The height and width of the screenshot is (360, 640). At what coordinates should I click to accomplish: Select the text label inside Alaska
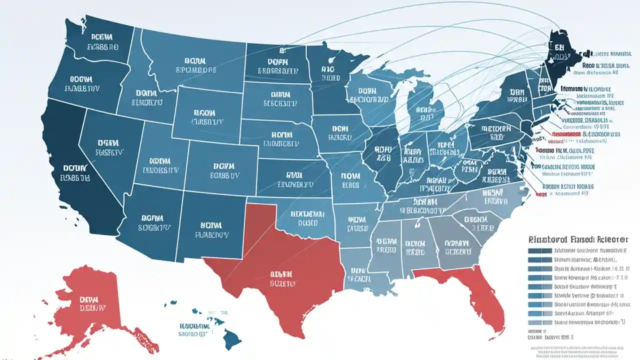click(x=93, y=303)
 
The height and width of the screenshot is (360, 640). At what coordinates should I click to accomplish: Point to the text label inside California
click(x=75, y=172)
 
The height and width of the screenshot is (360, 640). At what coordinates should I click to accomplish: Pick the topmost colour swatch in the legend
click(x=538, y=250)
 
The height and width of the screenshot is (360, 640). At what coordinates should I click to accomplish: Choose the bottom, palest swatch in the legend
click(x=538, y=322)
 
